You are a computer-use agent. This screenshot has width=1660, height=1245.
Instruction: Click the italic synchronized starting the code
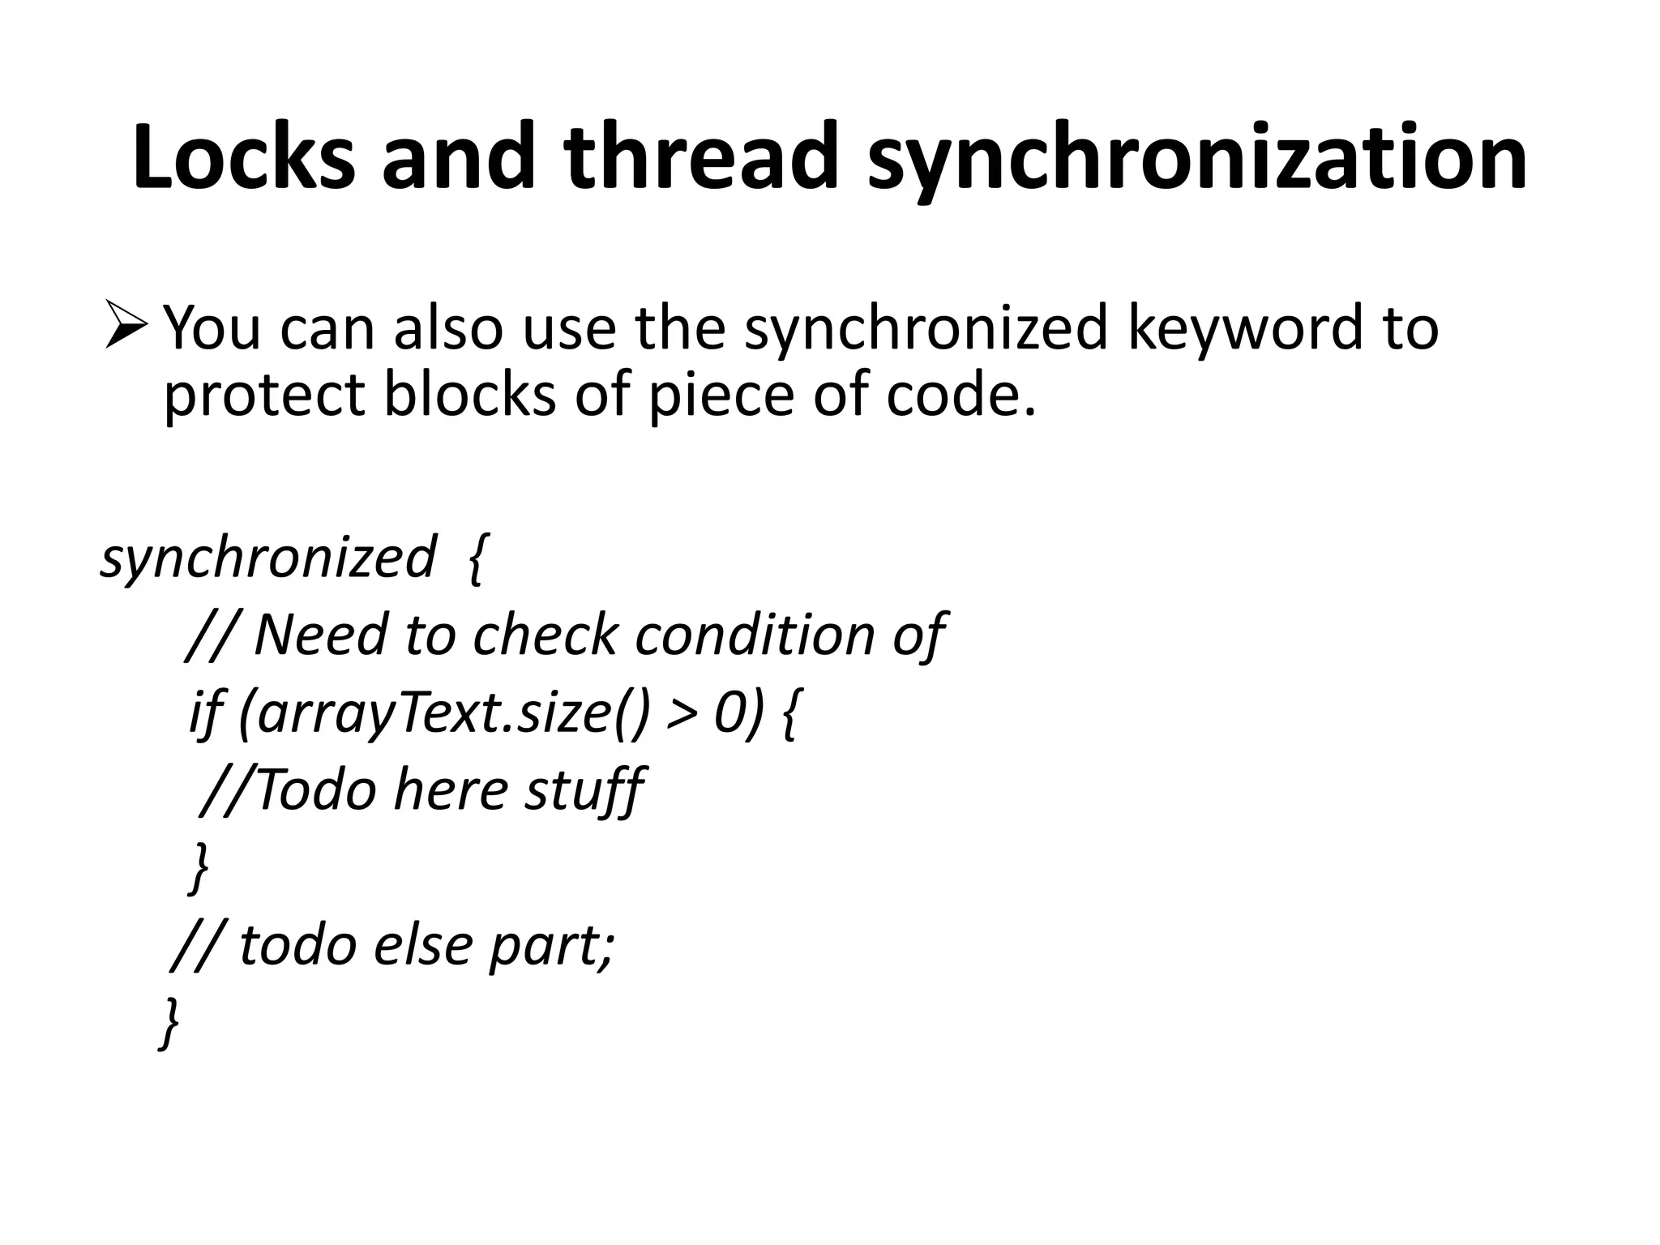(x=267, y=559)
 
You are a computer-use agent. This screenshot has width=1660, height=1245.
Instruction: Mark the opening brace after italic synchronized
(x=477, y=559)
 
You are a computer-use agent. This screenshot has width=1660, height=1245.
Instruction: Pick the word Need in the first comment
(x=319, y=635)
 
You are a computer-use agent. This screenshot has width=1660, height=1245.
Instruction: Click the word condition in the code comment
(x=755, y=635)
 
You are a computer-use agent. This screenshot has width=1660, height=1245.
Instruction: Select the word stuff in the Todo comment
(x=584, y=790)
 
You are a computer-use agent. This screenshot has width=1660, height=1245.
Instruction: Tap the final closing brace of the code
(x=169, y=1024)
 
